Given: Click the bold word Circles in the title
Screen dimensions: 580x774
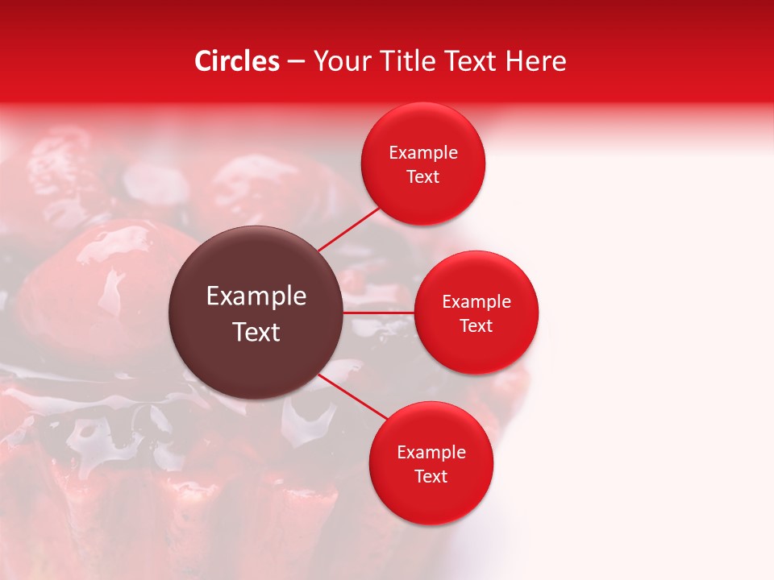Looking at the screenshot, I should pos(237,61).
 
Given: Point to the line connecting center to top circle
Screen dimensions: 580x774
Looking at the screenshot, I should pos(349,228).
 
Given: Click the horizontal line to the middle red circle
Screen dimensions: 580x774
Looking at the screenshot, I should pos(379,312).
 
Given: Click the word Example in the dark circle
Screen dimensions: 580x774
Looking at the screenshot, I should pos(256,296).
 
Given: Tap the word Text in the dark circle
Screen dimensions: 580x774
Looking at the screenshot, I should pos(256,332).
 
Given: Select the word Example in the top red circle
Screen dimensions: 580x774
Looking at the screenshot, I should pos(423,153).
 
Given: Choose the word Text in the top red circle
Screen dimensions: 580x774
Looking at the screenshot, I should pos(423,177).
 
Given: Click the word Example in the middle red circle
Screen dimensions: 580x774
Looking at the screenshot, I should pos(476,302).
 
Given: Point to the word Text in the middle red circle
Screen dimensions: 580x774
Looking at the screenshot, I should pos(476,326).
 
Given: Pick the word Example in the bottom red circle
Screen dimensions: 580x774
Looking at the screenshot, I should pos(431,453).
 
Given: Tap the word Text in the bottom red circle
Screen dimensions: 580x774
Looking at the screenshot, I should pos(431,477).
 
